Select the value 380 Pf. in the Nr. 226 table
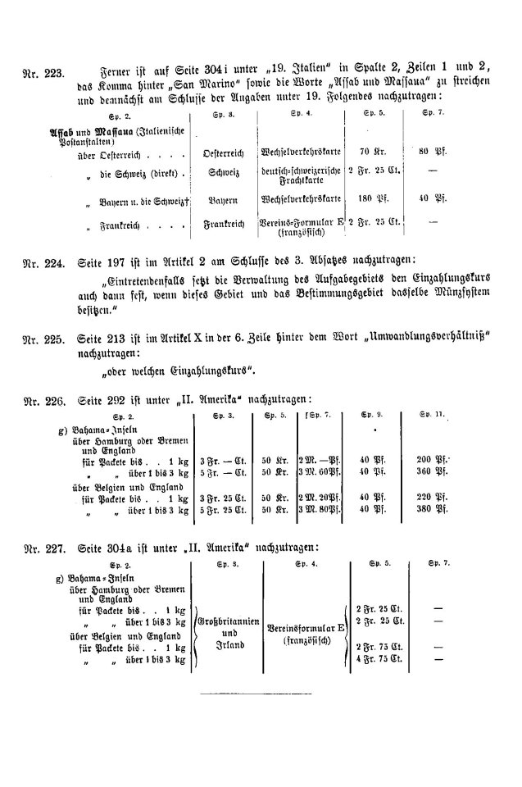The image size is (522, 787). [429, 508]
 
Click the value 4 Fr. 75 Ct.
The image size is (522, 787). [377, 659]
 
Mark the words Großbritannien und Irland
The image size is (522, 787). [229, 634]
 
